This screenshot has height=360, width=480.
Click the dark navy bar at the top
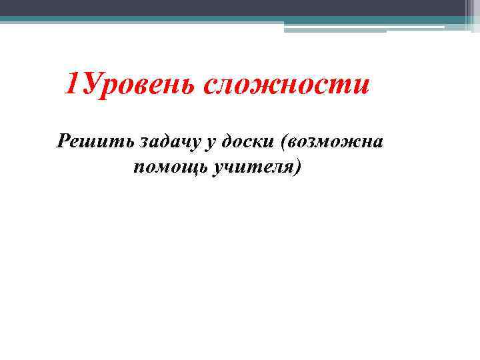233,7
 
